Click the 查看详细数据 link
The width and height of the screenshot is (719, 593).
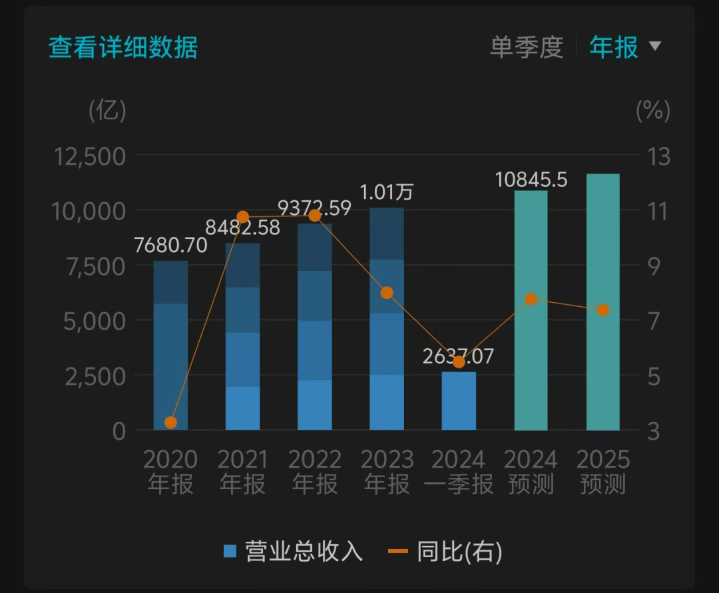pyautogui.click(x=123, y=48)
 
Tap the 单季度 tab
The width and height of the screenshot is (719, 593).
pyautogui.click(x=526, y=48)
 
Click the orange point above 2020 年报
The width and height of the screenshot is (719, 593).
pyautogui.click(x=170, y=422)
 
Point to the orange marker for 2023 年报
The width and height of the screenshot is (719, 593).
pyautogui.click(x=387, y=293)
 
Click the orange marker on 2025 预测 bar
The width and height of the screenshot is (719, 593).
pyautogui.click(x=602, y=309)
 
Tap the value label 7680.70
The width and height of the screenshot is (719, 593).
pyautogui.click(x=170, y=246)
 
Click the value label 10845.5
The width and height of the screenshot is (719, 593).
pyautogui.click(x=531, y=179)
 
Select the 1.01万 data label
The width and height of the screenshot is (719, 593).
pyautogui.click(x=387, y=192)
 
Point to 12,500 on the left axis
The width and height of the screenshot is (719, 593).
pyautogui.click(x=91, y=156)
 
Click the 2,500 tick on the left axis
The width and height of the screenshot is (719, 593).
pyautogui.click(x=95, y=376)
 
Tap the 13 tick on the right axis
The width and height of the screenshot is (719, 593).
pyautogui.click(x=658, y=156)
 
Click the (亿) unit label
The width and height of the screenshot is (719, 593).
pyautogui.click(x=107, y=110)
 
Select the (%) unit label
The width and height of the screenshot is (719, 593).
pyautogui.click(x=652, y=110)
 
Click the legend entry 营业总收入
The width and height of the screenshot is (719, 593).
pyautogui.click(x=294, y=551)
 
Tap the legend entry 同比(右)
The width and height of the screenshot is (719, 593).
pyautogui.click(x=446, y=551)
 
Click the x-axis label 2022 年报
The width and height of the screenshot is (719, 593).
pyautogui.click(x=315, y=472)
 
